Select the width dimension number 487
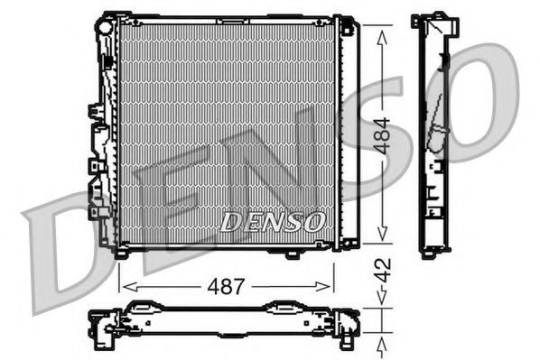pyautogui.click(x=227, y=287)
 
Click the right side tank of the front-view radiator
pyautogui.click(x=347, y=131)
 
